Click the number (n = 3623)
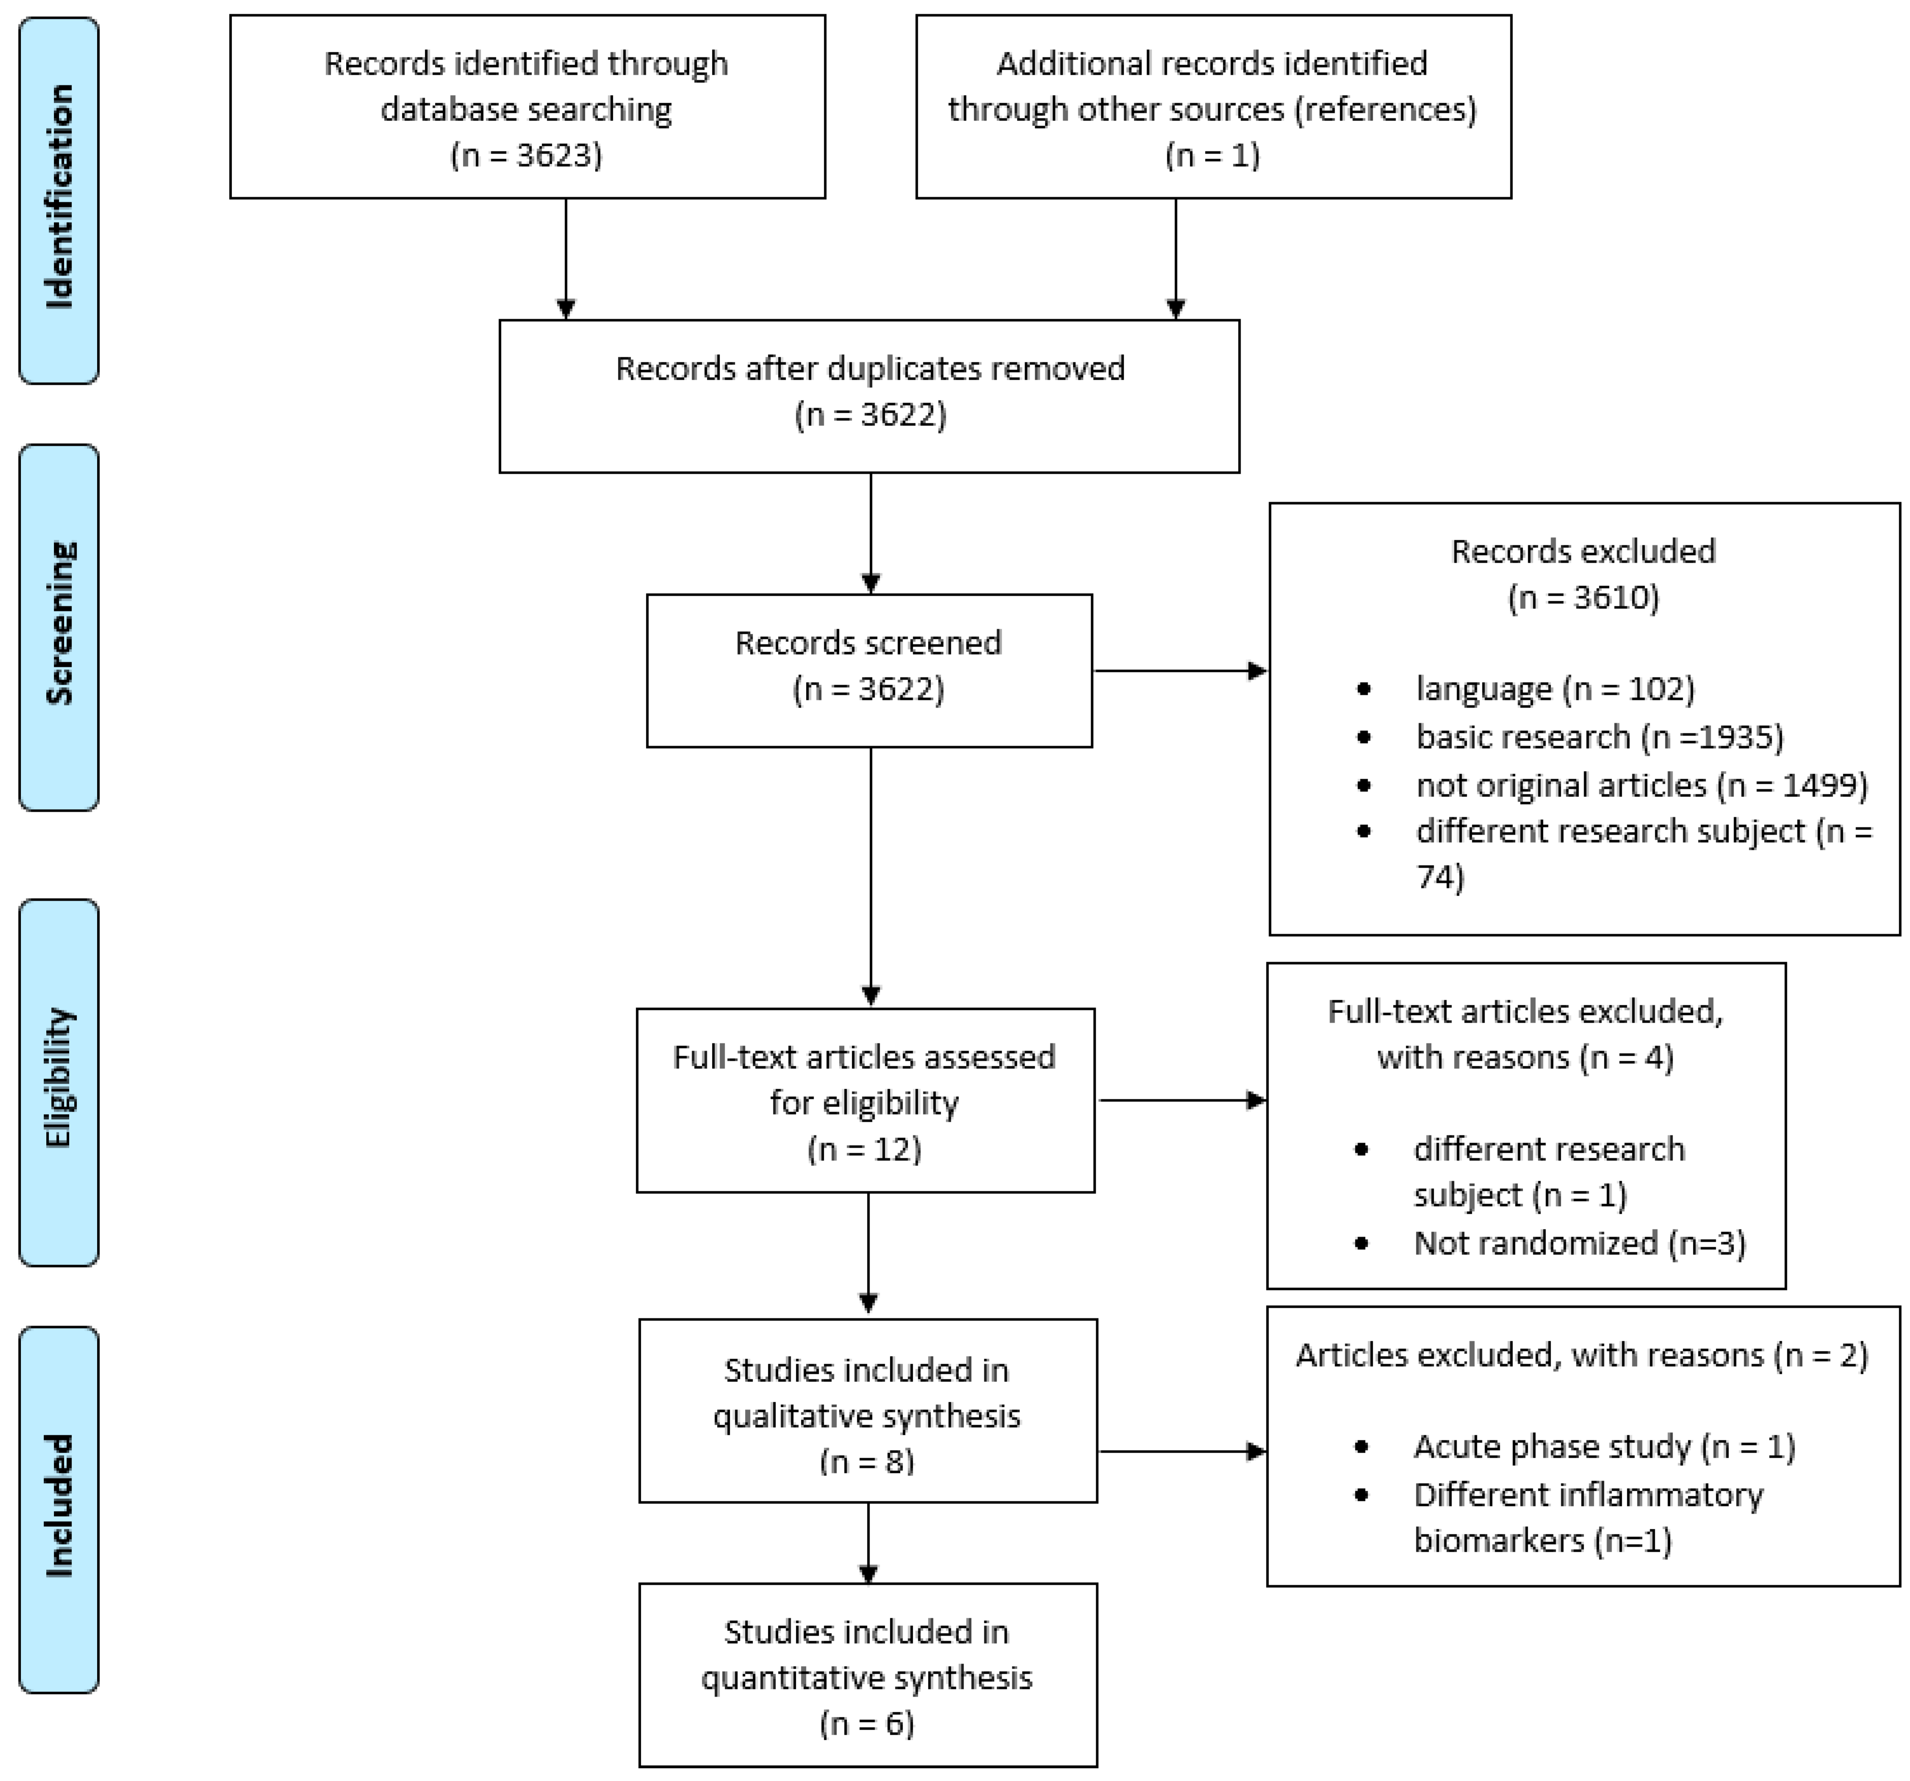527,155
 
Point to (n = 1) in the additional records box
1213,155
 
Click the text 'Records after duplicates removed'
870,369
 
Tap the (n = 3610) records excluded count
1583,598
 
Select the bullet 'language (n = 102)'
1555,689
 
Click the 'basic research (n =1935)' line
1599,737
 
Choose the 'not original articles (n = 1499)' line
1641,785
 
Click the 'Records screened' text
869,642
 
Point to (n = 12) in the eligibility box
865,1149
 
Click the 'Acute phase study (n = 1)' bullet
1604,1447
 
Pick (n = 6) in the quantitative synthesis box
867,1724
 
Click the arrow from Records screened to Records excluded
1180,670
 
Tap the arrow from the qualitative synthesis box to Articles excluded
1182,1452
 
